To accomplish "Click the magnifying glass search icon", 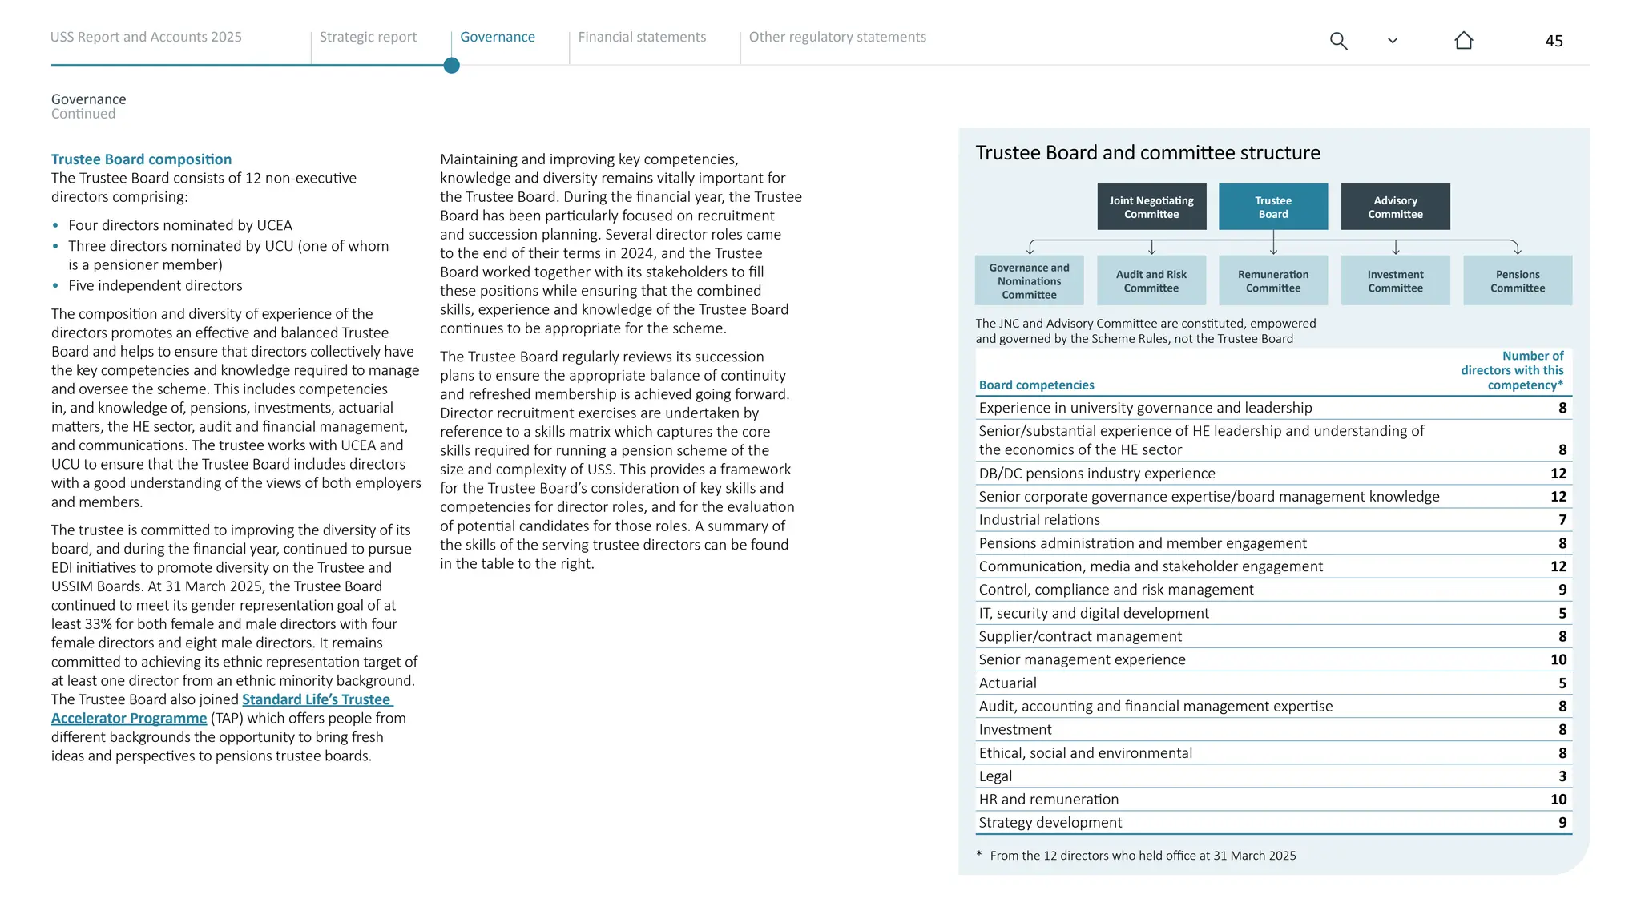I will point(1338,41).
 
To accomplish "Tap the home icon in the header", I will point(1463,41).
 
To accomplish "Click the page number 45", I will point(1554,41).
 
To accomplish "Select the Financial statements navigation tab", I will point(642,37).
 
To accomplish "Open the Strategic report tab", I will point(368,37).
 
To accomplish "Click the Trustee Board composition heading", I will point(141,159).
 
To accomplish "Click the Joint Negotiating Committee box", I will point(1151,207).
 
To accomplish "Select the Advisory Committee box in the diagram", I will point(1395,207).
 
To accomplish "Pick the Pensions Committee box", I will point(1518,280).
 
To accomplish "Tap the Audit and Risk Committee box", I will point(1151,280).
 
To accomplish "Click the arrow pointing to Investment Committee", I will point(1395,248).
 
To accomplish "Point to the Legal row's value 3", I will point(1562,776).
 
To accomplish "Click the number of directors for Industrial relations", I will point(1562,520).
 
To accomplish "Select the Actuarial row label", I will point(1007,683).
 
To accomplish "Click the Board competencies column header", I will point(1036,385).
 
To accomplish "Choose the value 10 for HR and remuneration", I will point(1558,800).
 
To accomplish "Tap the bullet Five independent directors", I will point(155,286).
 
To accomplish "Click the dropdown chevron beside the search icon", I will point(1393,41).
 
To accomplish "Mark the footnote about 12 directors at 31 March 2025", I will point(1142,856).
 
